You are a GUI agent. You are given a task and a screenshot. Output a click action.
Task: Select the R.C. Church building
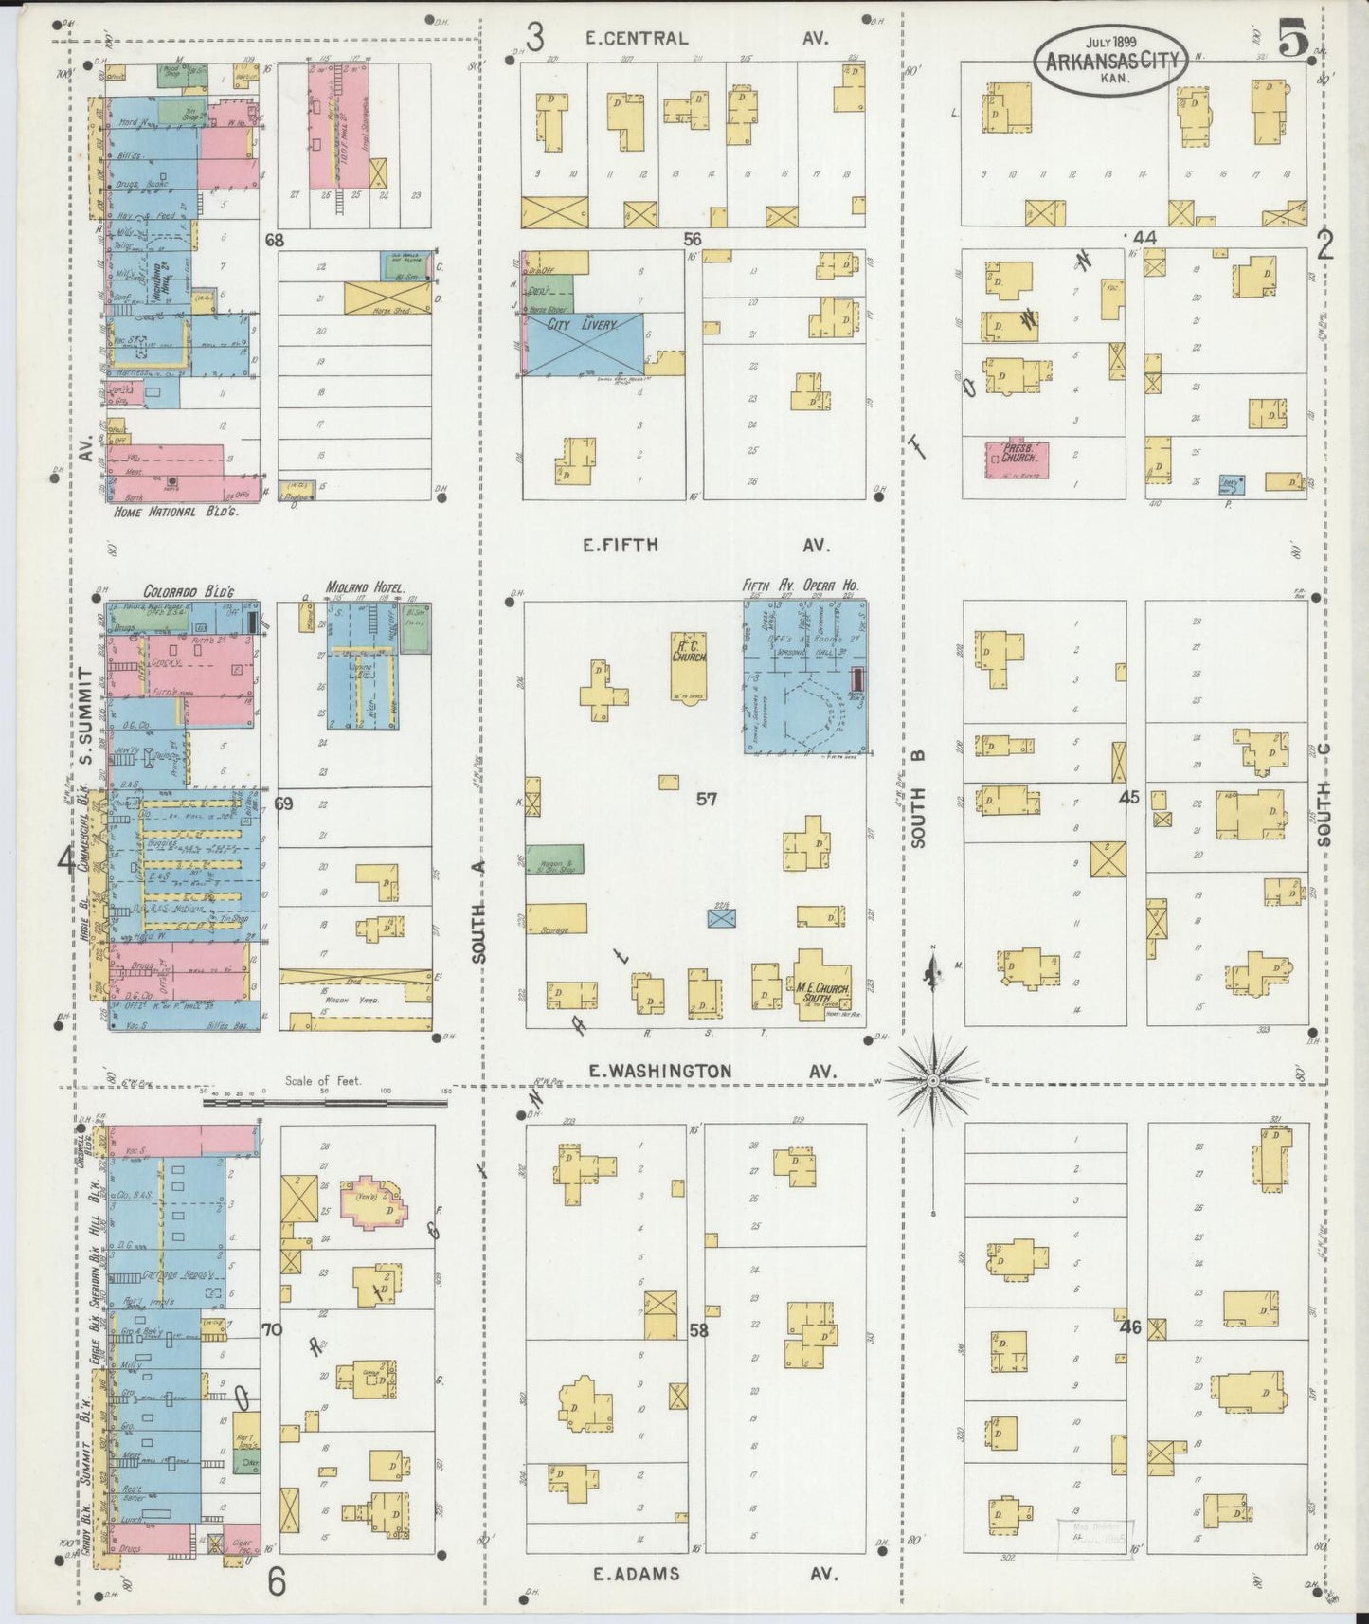[x=688, y=660]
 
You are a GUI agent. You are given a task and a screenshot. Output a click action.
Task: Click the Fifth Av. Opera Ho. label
[x=800, y=586]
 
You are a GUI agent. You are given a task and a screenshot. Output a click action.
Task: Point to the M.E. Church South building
[x=821, y=988]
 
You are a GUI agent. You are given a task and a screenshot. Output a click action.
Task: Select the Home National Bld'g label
[x=175, y=511]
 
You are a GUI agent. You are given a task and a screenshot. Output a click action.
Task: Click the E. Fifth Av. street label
[x=705, y=546]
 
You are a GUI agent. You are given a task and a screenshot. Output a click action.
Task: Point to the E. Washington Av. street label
[x=711, y=1071]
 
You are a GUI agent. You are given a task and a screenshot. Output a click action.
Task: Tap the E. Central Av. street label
[x=706, y=39]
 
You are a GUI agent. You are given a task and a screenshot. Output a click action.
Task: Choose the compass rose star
[x=933, y=1080]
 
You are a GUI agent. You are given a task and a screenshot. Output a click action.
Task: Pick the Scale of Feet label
[x=324, y=1080]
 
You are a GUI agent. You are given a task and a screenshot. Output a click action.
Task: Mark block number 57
[x=707, y=799]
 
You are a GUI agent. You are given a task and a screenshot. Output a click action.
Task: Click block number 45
[x=1128, y=798]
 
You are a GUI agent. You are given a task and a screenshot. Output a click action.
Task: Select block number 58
[x=699, y=1330]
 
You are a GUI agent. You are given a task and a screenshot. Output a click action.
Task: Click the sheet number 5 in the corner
[x=1292, y=40]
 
